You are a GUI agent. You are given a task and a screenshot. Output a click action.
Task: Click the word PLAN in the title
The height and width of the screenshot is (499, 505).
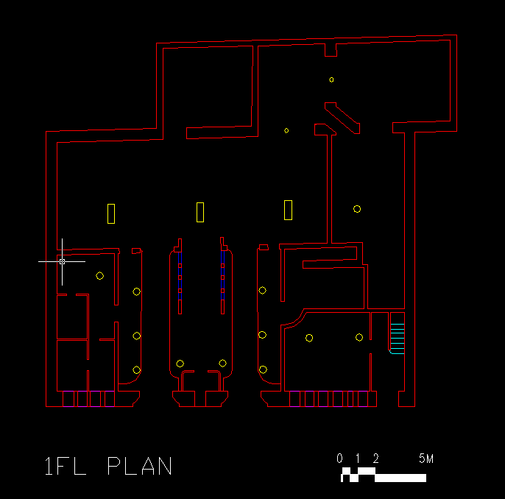[x=140, y=466]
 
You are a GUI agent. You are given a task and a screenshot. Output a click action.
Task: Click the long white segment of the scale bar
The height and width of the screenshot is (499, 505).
[x=400, y=478]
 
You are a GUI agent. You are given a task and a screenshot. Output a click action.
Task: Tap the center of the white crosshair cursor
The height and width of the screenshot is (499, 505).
[x=62, y=261]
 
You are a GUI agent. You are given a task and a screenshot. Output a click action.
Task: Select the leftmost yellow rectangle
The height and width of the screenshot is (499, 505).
[x=111, y=213]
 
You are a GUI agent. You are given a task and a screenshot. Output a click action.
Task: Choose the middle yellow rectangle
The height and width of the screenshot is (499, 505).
[x=200, y=212]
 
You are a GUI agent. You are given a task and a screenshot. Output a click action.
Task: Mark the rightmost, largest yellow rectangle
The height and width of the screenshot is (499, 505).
[x=289, y=210]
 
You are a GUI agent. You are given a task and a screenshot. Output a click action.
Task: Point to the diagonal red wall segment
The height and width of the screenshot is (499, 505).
[x=342, y=118]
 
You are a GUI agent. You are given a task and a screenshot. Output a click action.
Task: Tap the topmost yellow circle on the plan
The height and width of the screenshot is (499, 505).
[x=331, y=79]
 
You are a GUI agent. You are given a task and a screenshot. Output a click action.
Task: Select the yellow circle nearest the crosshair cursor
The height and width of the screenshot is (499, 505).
[x=99, y=276]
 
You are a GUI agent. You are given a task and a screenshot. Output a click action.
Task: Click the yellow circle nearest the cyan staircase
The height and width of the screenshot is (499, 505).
[x=359, y=338]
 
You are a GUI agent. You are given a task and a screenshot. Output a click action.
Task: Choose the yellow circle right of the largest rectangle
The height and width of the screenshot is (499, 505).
[x=357, y=209]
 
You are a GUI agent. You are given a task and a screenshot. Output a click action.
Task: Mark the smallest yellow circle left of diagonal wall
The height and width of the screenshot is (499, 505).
[x=286, y=130]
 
